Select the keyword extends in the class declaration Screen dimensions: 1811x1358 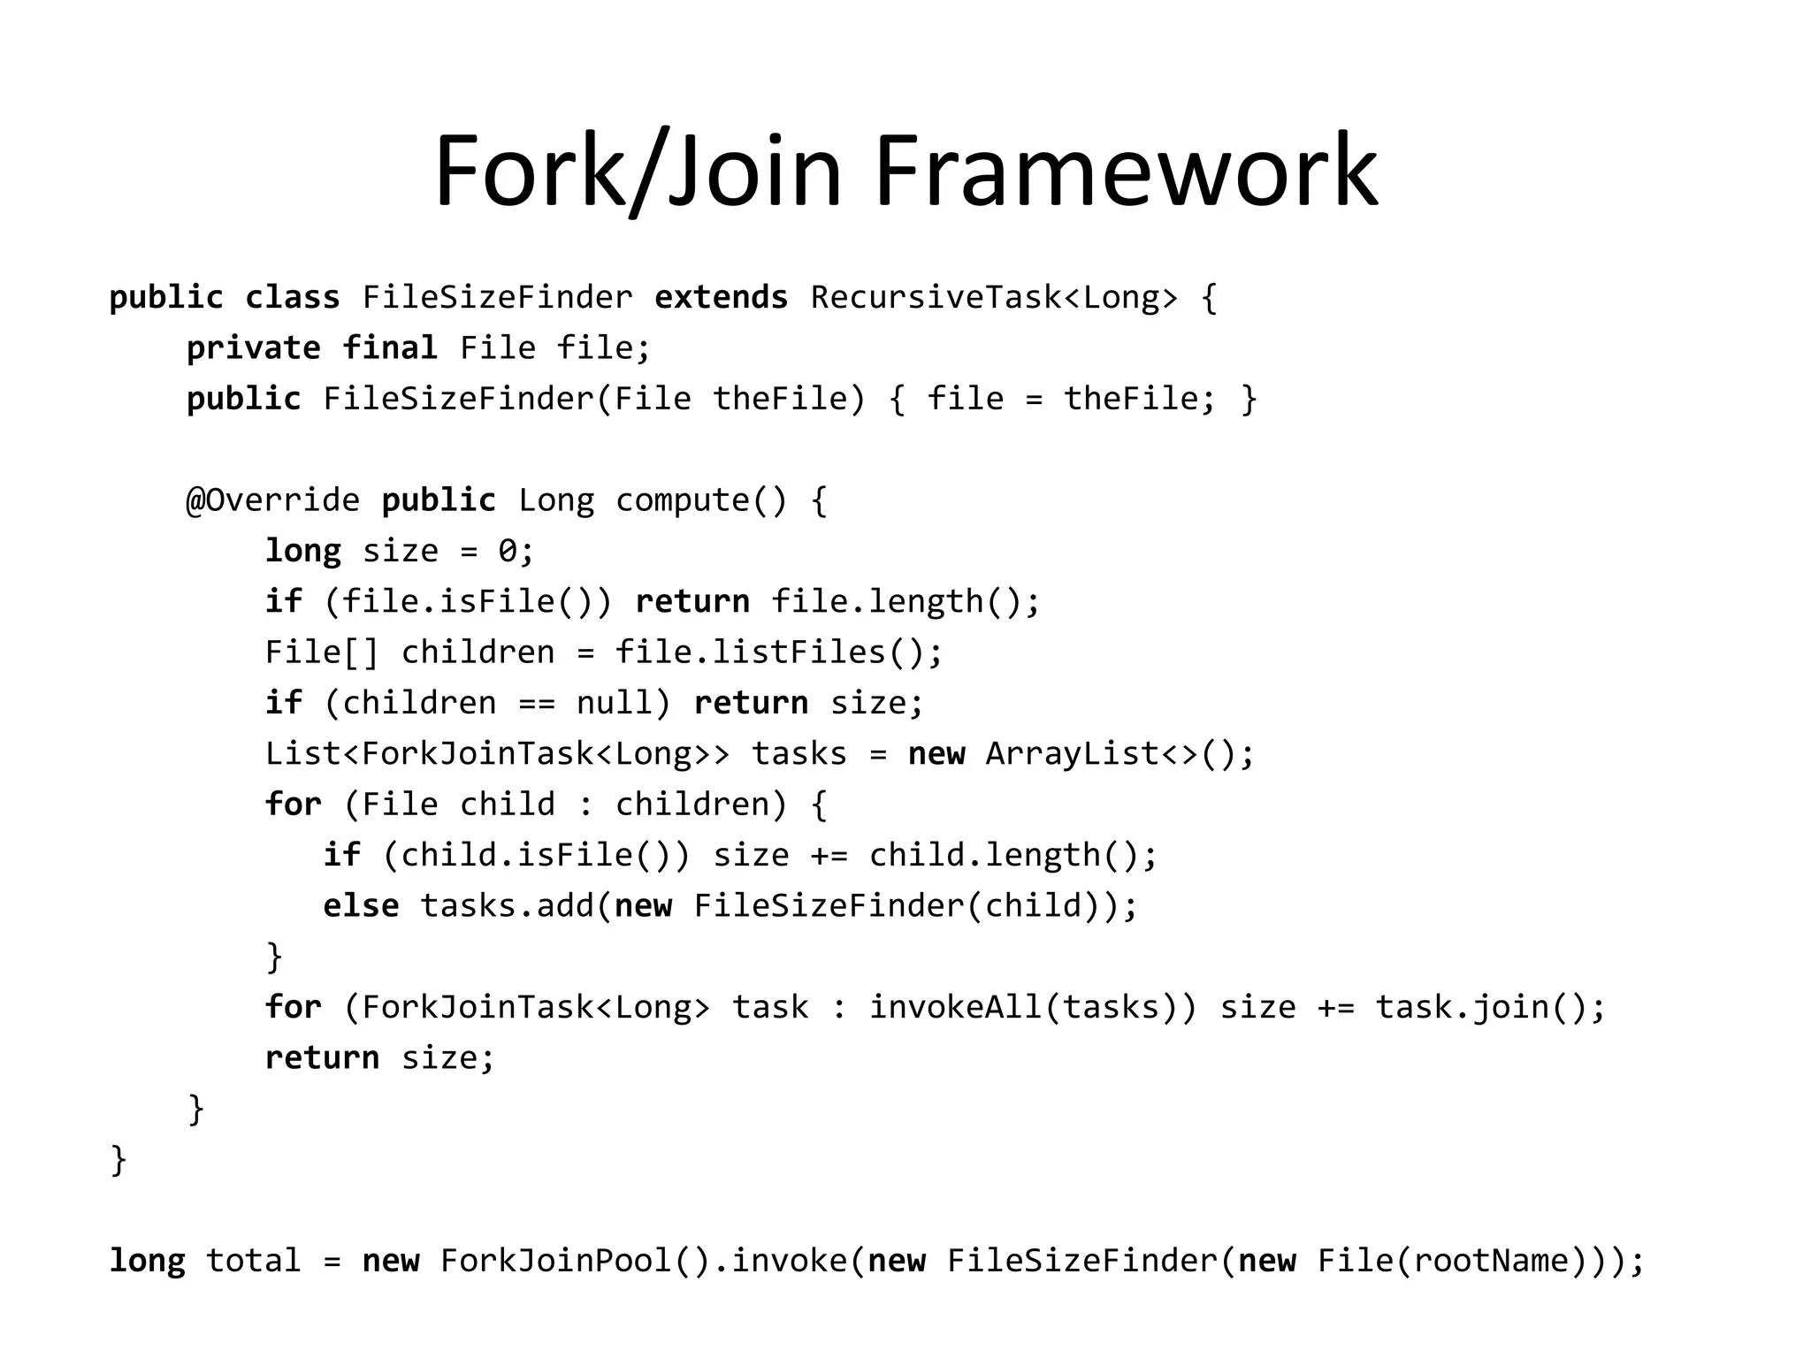pos(721,298)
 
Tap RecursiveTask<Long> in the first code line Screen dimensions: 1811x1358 pos(994,298)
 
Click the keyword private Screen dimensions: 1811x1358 pos(253,348)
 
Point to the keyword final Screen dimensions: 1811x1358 pos(390,348)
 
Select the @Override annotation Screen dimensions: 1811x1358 pos(273,500)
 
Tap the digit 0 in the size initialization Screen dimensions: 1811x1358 pos(508,552)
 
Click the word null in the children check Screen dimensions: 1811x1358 pos(615,704)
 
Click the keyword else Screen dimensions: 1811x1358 pos(361,906)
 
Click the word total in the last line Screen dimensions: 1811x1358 pos(253,1261)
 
